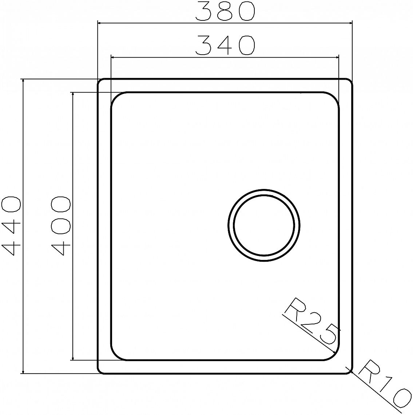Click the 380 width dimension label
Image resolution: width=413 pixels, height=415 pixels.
[x=225, y=11]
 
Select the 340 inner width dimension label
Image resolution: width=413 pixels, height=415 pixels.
[x=225, y=45]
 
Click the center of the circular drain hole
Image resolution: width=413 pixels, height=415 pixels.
[x=264, y=225]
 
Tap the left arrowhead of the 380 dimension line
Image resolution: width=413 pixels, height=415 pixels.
[x=100, y=23]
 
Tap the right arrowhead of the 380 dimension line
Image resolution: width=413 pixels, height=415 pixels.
[x=350, y=23]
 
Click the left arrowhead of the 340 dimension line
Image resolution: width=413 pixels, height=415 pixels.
[x=114, y=57]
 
